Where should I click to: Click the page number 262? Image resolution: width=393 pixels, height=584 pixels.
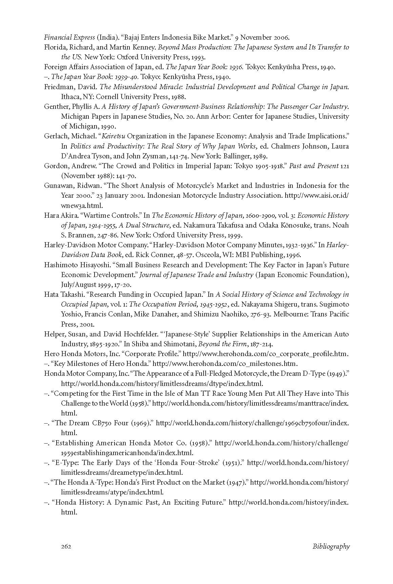pos(66,546)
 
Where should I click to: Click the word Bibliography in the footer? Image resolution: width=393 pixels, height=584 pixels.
pos(331,546)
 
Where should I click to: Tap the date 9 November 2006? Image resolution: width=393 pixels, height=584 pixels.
pos(263,37)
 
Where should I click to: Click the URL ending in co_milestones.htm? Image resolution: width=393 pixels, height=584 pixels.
pos(225,364)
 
